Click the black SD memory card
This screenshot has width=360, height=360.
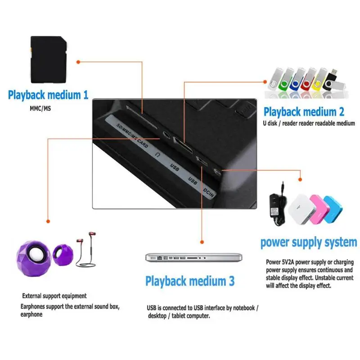[x=49, y=59]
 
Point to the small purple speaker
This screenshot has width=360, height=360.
[x=63, y=254]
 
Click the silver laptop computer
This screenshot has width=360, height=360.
[x=193, y=257]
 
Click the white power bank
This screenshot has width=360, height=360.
[x=301, y=209]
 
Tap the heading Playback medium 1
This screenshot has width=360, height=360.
[x=48, y=95]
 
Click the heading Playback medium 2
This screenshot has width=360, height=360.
[x=304, y=112]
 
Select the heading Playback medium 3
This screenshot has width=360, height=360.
[x=190, y=281]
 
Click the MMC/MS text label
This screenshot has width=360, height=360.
[x=40, y=108]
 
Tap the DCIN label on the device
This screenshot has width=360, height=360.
[x=208, y=193]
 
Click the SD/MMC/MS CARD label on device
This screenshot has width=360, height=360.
[x=132, y=135]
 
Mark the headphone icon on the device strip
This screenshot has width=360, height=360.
[x=157, y=154]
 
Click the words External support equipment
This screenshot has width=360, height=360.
[x=54, y=296]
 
